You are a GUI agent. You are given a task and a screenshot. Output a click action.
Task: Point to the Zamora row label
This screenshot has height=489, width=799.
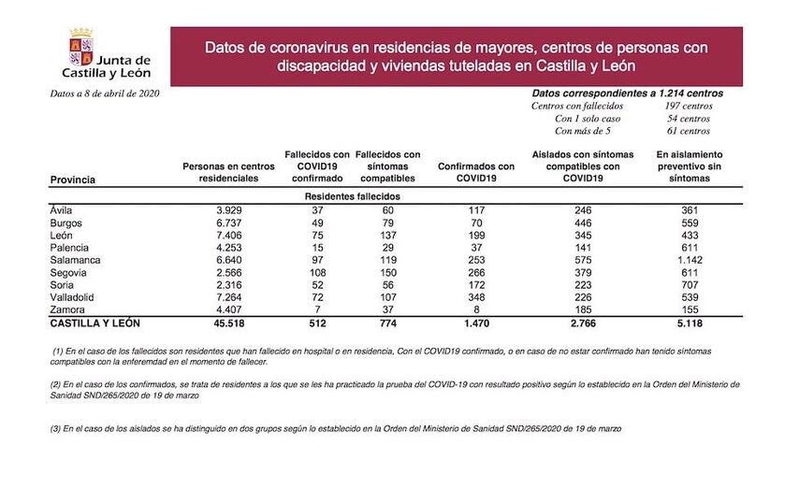(65, 309)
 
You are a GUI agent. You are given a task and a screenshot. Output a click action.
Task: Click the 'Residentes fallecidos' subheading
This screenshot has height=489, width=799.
(352, 197)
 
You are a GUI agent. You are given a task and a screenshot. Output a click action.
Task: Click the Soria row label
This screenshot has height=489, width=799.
(62, 284)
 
